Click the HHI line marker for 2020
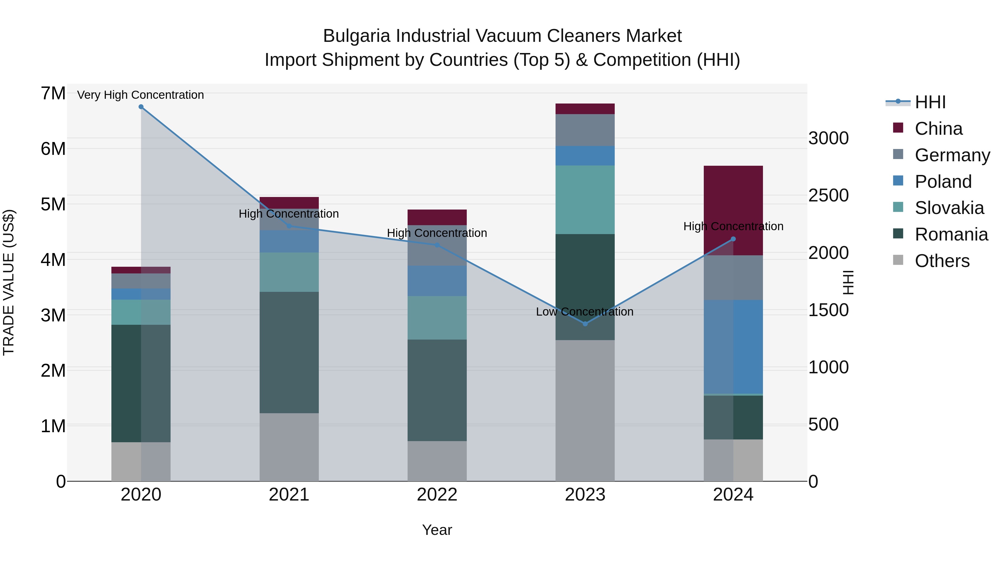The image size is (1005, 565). click(141, 107)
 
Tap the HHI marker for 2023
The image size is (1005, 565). click(585, 324)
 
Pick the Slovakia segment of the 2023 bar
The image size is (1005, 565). click(585, 200)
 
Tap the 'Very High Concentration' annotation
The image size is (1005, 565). click(140, 95)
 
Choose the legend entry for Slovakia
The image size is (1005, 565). click(949, 208)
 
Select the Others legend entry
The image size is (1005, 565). click(942, 261)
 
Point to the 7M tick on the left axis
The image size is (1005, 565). click(53, 93)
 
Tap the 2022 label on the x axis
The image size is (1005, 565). click(437, 495)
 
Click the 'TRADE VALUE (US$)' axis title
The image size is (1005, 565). click(9, 282)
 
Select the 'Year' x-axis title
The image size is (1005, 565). click(437, 530)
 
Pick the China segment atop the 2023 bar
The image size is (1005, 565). click(585, 109)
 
